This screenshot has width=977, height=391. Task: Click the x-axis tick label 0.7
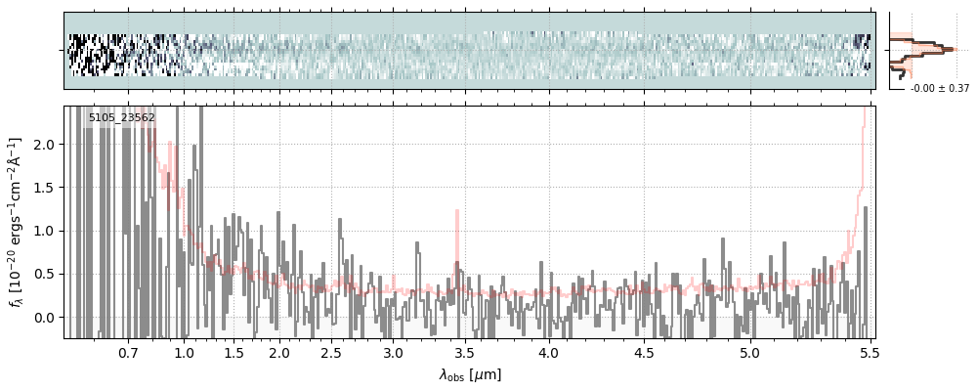(x=128, y=352)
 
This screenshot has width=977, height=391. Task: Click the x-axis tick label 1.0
(x=184, y=352)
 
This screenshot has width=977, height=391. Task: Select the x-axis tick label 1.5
(x=234, y=352)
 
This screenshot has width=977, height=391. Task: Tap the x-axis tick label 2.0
(x=279, y=352)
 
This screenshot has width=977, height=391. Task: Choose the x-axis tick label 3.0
(x=393, y=352)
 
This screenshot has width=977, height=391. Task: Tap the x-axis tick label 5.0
(x=749, y=352)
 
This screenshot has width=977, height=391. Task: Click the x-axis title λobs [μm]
(x=470, y=374)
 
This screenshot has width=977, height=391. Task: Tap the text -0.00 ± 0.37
(x=939, y=89)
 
